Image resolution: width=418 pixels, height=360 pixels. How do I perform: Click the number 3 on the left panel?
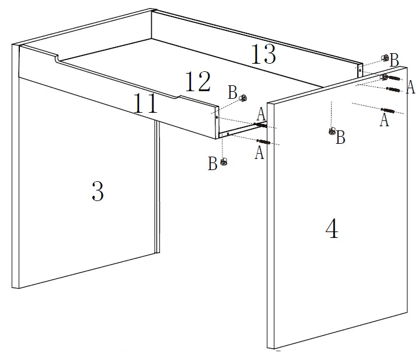[97, 192]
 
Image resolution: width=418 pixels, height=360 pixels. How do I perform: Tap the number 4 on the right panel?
[332, 229]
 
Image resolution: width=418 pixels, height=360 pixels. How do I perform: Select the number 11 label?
[145, 105]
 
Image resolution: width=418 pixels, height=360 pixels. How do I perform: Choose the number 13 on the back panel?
[263, 56]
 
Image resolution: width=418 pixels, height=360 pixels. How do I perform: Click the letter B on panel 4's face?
[341, 138]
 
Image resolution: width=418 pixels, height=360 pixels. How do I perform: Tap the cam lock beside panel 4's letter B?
[332, 131]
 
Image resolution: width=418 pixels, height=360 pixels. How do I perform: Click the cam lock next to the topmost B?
[385, 58]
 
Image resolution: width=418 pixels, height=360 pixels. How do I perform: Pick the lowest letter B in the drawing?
[213, 164]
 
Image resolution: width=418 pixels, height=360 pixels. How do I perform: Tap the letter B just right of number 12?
[233, 92]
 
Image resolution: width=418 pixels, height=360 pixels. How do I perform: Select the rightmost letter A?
[410, 88]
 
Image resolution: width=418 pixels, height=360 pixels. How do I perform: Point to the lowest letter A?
[260, 153]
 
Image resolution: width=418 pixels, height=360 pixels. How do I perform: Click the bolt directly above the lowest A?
[264, 141]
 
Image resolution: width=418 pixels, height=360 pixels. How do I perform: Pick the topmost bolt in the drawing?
[391, 78]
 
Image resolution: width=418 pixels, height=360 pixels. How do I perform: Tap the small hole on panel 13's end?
[360, 70]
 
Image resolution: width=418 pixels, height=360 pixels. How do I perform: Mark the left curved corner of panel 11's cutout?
[57, 58]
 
